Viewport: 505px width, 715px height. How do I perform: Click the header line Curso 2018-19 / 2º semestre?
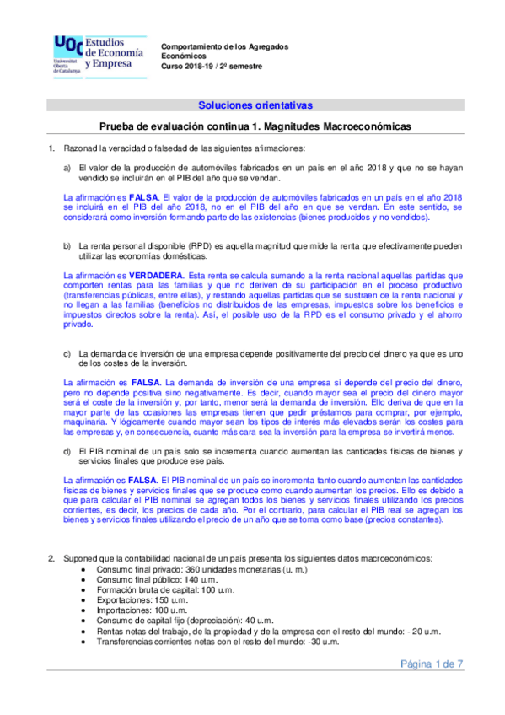pyautogui.click(x=212, y=66)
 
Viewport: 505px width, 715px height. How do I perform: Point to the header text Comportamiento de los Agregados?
pyautogui.click(x=223, y=46)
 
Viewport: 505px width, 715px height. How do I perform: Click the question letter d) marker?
pyautogui.click(x=67, y=451)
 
